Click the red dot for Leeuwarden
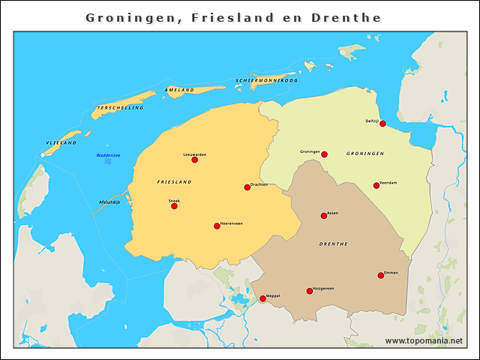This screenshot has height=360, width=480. coord(195,160)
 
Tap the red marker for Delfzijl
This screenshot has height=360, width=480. coord(382,124)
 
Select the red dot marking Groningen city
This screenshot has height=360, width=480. coord(324,154)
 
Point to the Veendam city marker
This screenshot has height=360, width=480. coord(376,185)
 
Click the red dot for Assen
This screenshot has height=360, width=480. coord(324,216)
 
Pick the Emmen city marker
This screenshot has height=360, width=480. coord(381,275)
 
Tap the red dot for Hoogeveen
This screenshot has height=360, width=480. coord(310,291)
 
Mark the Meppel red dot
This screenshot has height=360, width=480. coord(262,298)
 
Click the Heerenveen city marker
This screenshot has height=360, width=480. coord(217,226)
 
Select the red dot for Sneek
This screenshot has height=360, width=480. coord(174,205)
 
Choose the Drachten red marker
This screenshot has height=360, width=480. coord(247,187)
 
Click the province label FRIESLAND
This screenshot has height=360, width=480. coord(174,182)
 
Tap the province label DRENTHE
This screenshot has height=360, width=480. coord(333,244)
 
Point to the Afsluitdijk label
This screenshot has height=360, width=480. coord(109,202)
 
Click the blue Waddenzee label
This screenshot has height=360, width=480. coord(108,155)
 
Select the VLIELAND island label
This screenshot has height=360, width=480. coord(61,142)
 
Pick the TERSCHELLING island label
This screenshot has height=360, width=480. coord(118,108)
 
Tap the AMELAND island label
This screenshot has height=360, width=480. coord(180,89)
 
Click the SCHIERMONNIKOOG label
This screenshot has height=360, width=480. coord(267,79)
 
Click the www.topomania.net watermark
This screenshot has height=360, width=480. coord(424,340)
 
